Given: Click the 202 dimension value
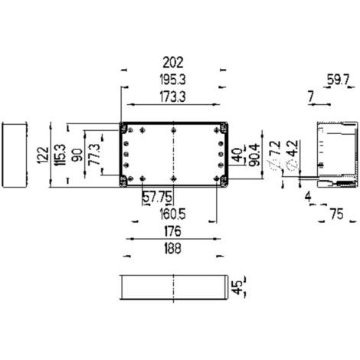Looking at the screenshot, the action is coord(173,63).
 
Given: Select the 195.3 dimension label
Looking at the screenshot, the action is coord(173,80).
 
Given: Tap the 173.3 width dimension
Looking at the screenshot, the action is coord(173,97).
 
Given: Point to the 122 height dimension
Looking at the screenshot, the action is coord(43,155).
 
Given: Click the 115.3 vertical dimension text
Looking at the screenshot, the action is coord(61,155).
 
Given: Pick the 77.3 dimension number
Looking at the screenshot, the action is coord(95,154).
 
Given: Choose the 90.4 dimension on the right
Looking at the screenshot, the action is coord(254,155).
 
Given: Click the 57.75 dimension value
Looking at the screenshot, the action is coord(157,198).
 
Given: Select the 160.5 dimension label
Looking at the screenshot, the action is coord(173,214).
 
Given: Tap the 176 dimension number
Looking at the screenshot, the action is coord(173,231).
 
